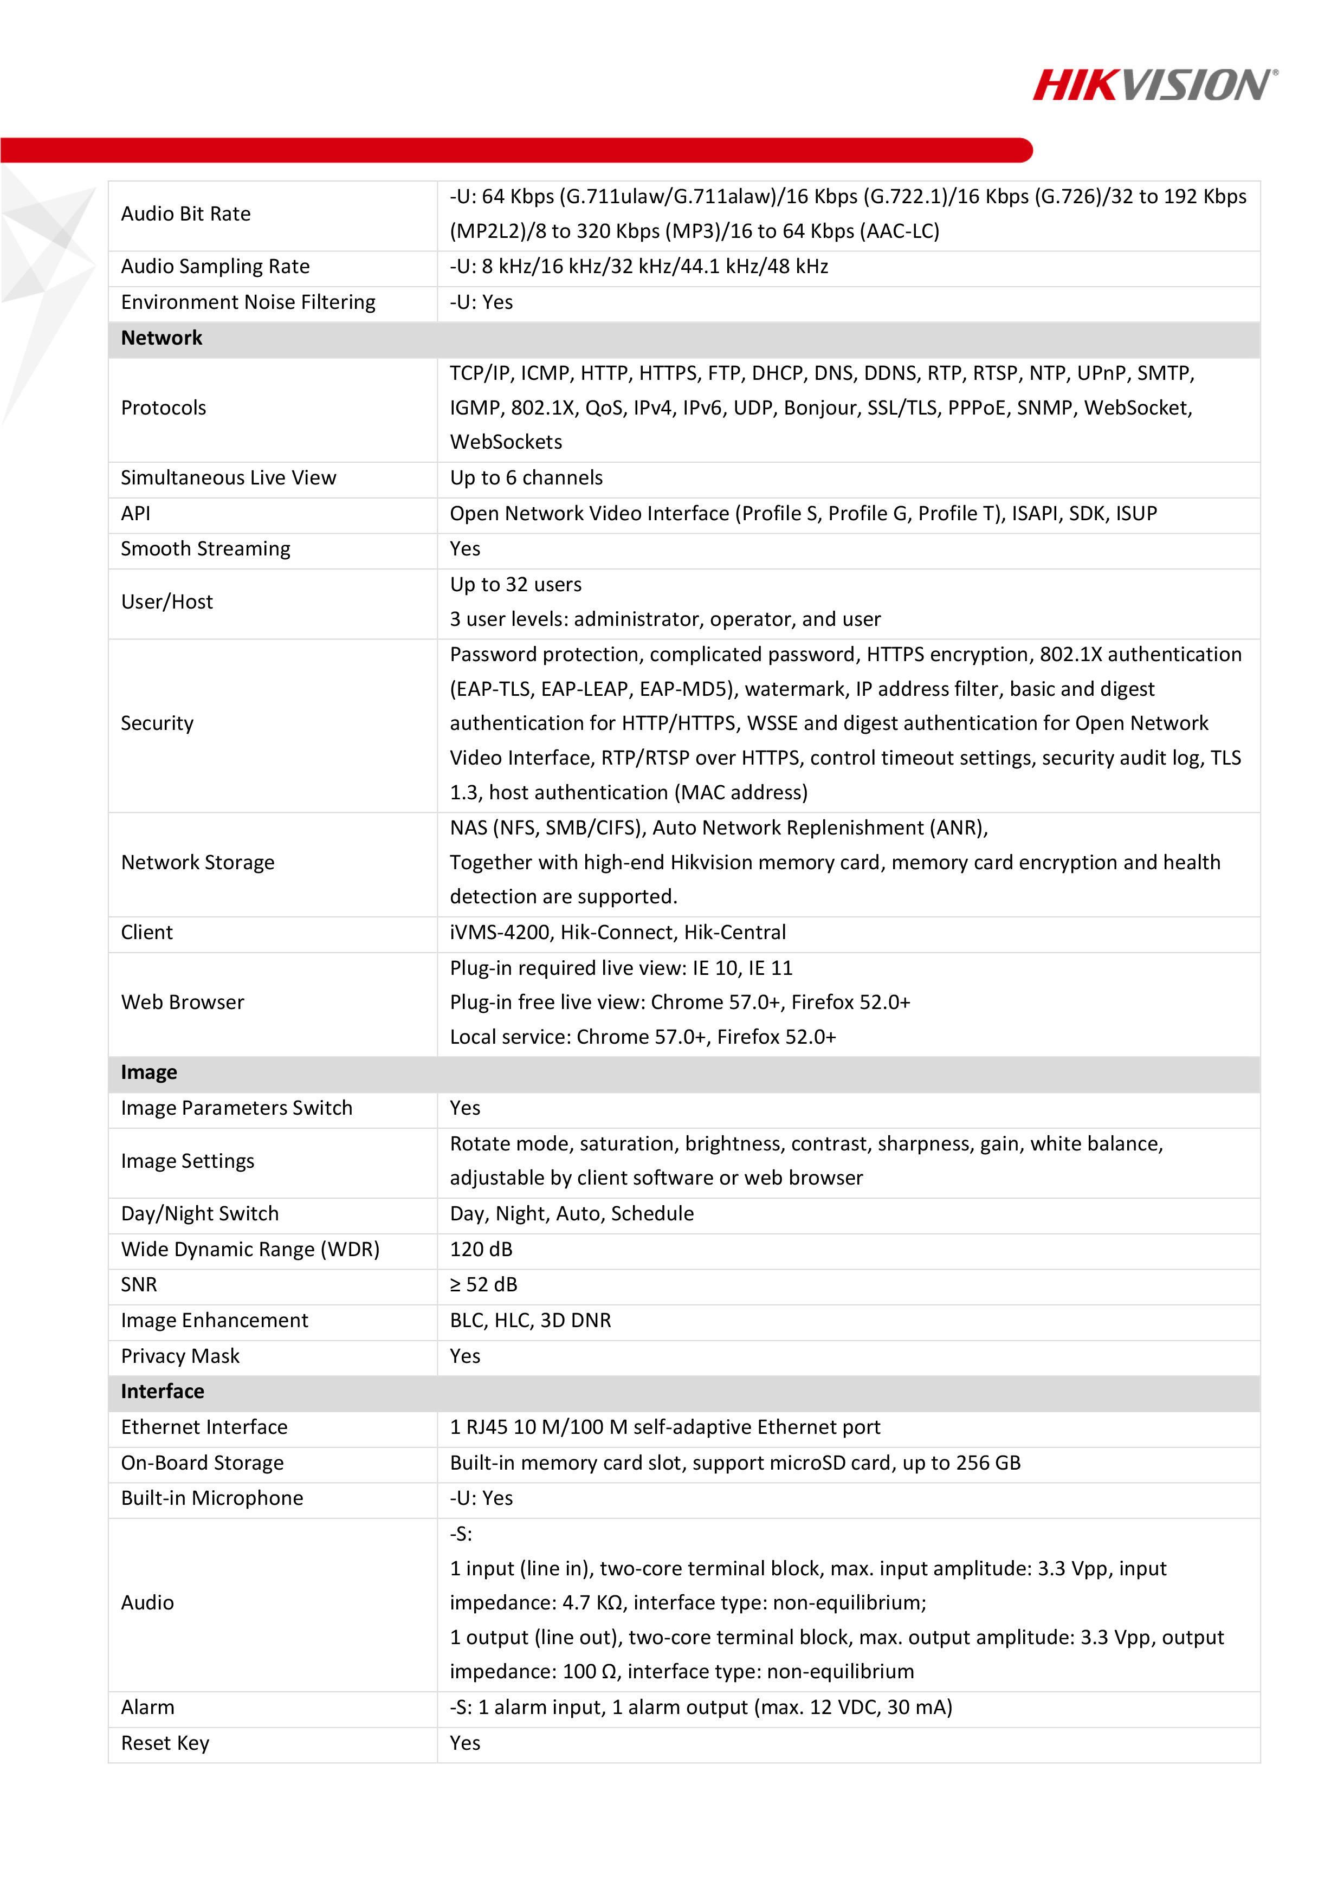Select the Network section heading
click(x=161, y=338)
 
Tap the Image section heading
click(x=149, y=1072)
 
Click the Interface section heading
click(x=162, y=1391)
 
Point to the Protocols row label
click(x=163, y=408)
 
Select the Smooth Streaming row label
click(x=205, y=549)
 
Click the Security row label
click(x=157, y=723)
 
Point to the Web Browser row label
click(x=182, y=1002)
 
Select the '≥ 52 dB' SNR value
click(x=483, y=1284)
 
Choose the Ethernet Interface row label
click(x=204, y=1427)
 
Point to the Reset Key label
click(x=165, y=1743)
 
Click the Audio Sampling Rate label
click(x=215, y=267)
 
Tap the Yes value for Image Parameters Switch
click(x=464, y=1108)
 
